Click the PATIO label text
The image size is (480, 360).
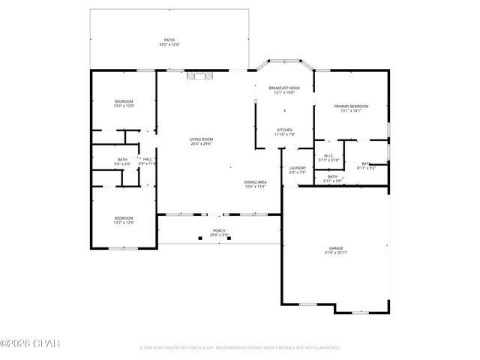(169, 40)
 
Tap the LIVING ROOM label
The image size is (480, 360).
(201, 139)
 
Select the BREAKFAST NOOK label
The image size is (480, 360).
(284, 88)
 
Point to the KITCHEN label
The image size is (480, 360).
(284, 130)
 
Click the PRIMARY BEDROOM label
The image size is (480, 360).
(351, 106)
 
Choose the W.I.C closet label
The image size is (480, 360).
(328, 156)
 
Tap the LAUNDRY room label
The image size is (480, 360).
(298, 168)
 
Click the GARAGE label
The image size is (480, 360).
(336, 247)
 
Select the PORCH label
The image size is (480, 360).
(219, 230)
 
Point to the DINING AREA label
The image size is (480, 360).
(256, 182)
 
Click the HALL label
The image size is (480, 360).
(148, 159)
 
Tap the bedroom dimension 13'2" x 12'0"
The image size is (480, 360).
(124, 106)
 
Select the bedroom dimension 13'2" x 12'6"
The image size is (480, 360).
(124, 223)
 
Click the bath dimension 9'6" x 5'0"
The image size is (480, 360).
(122, 163)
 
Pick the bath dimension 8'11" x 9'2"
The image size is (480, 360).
(367, 168)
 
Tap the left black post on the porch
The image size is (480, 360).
(200, 238)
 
